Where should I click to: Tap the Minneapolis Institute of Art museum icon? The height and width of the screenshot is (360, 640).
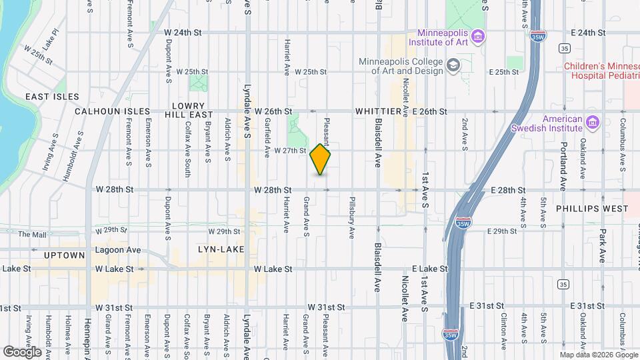[x=477, y=35]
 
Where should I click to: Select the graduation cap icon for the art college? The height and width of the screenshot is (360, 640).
[x=453, y=65]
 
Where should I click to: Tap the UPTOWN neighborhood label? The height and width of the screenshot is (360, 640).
[x=65, y=255]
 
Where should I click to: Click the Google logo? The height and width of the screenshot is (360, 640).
[x=22, y=351]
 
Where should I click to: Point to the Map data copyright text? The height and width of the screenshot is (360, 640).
[x=598, y=355]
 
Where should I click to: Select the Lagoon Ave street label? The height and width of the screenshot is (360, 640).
[x=117, y=250]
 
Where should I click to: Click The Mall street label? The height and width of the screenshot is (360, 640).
[x=31, y=235]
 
